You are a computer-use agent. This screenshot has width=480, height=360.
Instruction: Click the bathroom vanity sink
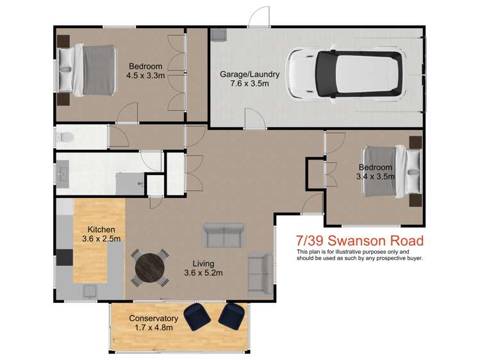(63, 173)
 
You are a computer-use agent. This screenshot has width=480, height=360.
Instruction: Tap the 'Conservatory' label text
(153, 318)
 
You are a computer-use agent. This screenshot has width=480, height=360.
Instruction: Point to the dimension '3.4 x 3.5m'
(376, 177)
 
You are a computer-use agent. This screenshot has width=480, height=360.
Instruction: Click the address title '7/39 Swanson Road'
(360, 241)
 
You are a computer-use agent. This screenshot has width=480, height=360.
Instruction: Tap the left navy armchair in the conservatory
(196, 316)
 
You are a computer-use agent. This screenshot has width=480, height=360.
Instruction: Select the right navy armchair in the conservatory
(231, 315)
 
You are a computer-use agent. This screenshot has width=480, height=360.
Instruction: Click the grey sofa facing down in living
(224, 235)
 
